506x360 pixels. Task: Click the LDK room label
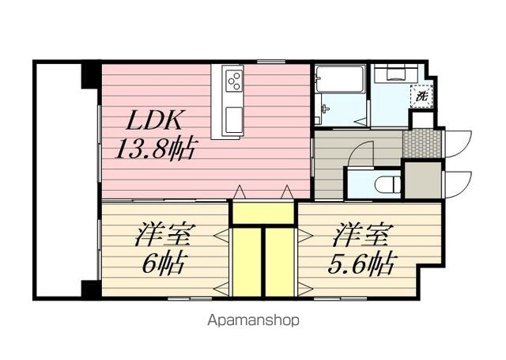click(155, 120)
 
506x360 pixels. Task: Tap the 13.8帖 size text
click(155, 148)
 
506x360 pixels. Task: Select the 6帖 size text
click(163, 262)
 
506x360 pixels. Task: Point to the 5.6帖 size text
click(361, 263)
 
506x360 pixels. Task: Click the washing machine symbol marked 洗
click(421, 96)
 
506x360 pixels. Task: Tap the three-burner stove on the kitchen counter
click(234, 81)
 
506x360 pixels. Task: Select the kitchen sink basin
click(234, 119)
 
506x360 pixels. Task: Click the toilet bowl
click(388, 185)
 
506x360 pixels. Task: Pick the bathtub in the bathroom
click(339, 78)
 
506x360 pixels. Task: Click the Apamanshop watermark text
click(253, 320)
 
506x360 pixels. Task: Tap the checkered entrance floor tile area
click(422, 144)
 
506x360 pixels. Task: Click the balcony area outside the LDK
click(58, 180)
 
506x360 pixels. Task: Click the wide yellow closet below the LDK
click(263, 213)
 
